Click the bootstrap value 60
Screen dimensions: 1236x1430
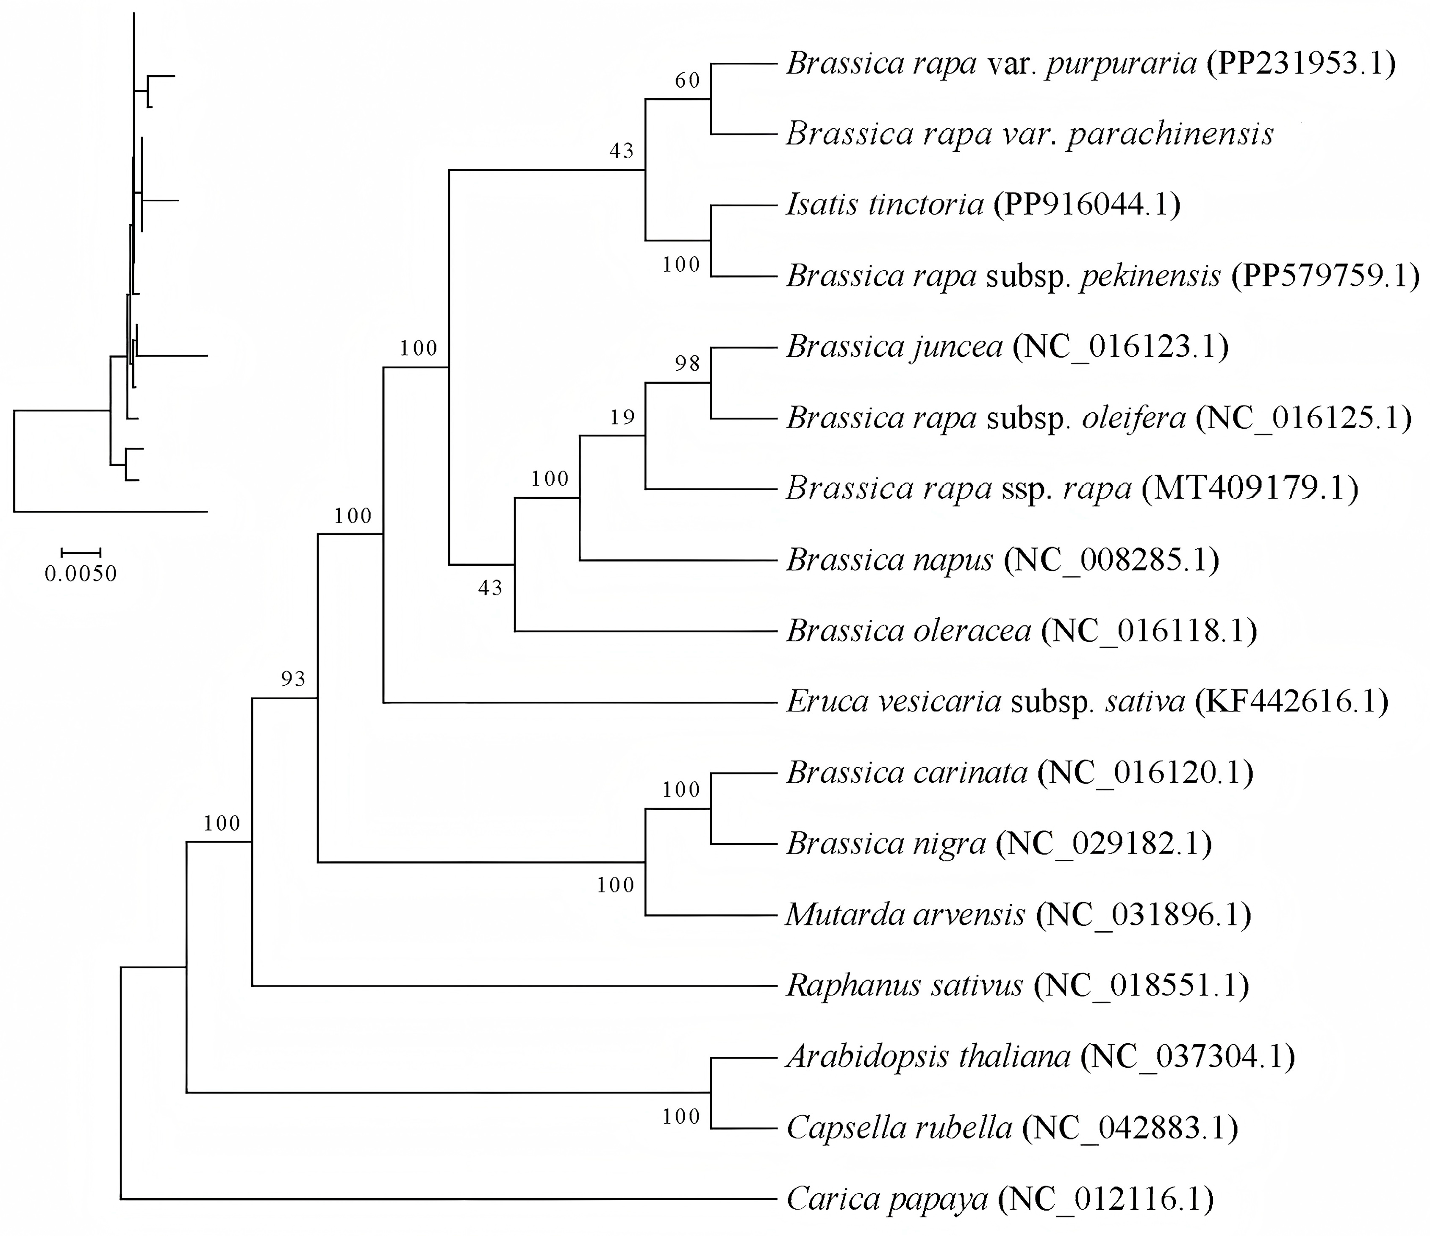click(x=687, y=81)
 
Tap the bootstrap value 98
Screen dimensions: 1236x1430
click(x=687, y=363)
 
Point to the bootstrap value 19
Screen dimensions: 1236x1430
click(x=622, y=417)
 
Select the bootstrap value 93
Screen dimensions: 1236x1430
click(x=293, y=679)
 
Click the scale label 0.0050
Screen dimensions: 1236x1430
click(x=81, y=573)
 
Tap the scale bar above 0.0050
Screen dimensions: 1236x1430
click(x=81, y=552)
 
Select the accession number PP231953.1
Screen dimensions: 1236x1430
click(x=1301, y=64)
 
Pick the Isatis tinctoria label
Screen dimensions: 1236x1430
click(x=885, y=204)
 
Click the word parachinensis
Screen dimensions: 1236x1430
click(x=1170, y=134)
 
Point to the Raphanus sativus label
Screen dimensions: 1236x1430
click(x=905, y=985)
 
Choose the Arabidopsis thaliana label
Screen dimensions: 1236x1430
click(x=928, y=1056)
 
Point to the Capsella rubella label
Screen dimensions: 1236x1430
click(x=899, y=1128)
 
